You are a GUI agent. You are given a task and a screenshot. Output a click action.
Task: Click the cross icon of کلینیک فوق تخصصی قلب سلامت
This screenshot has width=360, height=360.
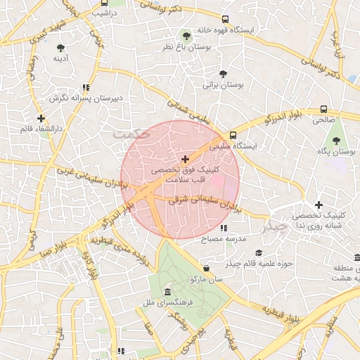[185, 160]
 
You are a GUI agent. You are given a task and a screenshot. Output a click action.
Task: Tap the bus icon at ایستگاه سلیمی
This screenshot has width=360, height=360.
[233, 136]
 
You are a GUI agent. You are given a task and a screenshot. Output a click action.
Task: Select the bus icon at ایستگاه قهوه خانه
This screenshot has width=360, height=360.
[225, 20]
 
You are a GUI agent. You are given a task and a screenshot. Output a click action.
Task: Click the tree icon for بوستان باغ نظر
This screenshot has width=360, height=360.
[186, 35]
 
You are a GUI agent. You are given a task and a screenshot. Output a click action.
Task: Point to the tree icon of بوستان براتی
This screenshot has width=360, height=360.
[223, 73]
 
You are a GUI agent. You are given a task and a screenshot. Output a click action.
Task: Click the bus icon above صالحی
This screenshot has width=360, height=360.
[323, 110]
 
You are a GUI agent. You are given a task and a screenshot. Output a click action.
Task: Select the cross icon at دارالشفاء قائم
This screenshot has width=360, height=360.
[41, 119]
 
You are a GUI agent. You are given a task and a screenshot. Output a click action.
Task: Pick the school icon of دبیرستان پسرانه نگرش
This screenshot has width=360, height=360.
[86, 88]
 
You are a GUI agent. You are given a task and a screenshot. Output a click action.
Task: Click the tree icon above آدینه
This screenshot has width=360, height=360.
[62, 47]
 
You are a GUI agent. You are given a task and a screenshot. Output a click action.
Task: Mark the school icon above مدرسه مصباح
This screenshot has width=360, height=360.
[223, 228]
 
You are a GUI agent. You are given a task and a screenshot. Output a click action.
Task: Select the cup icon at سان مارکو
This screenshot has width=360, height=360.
[205, 269]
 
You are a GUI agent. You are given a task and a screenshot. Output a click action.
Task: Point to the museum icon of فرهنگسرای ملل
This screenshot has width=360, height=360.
[167, 292]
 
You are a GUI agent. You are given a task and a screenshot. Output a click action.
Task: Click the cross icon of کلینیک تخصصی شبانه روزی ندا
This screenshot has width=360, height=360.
[319, 204]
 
